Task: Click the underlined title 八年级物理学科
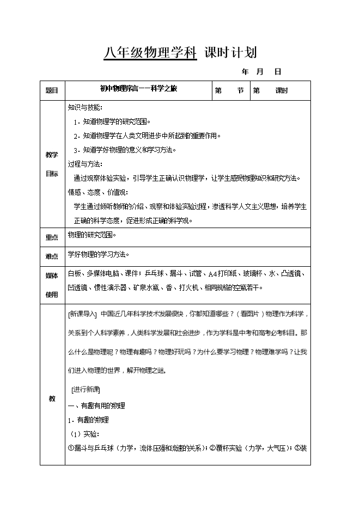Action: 150,53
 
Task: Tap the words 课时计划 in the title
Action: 230,53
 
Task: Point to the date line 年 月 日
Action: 261,71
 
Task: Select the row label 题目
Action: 52,91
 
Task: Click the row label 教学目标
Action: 52,164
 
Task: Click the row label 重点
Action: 52,237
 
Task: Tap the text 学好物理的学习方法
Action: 99,254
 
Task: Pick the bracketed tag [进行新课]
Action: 86,390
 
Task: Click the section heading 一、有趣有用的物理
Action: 96,406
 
